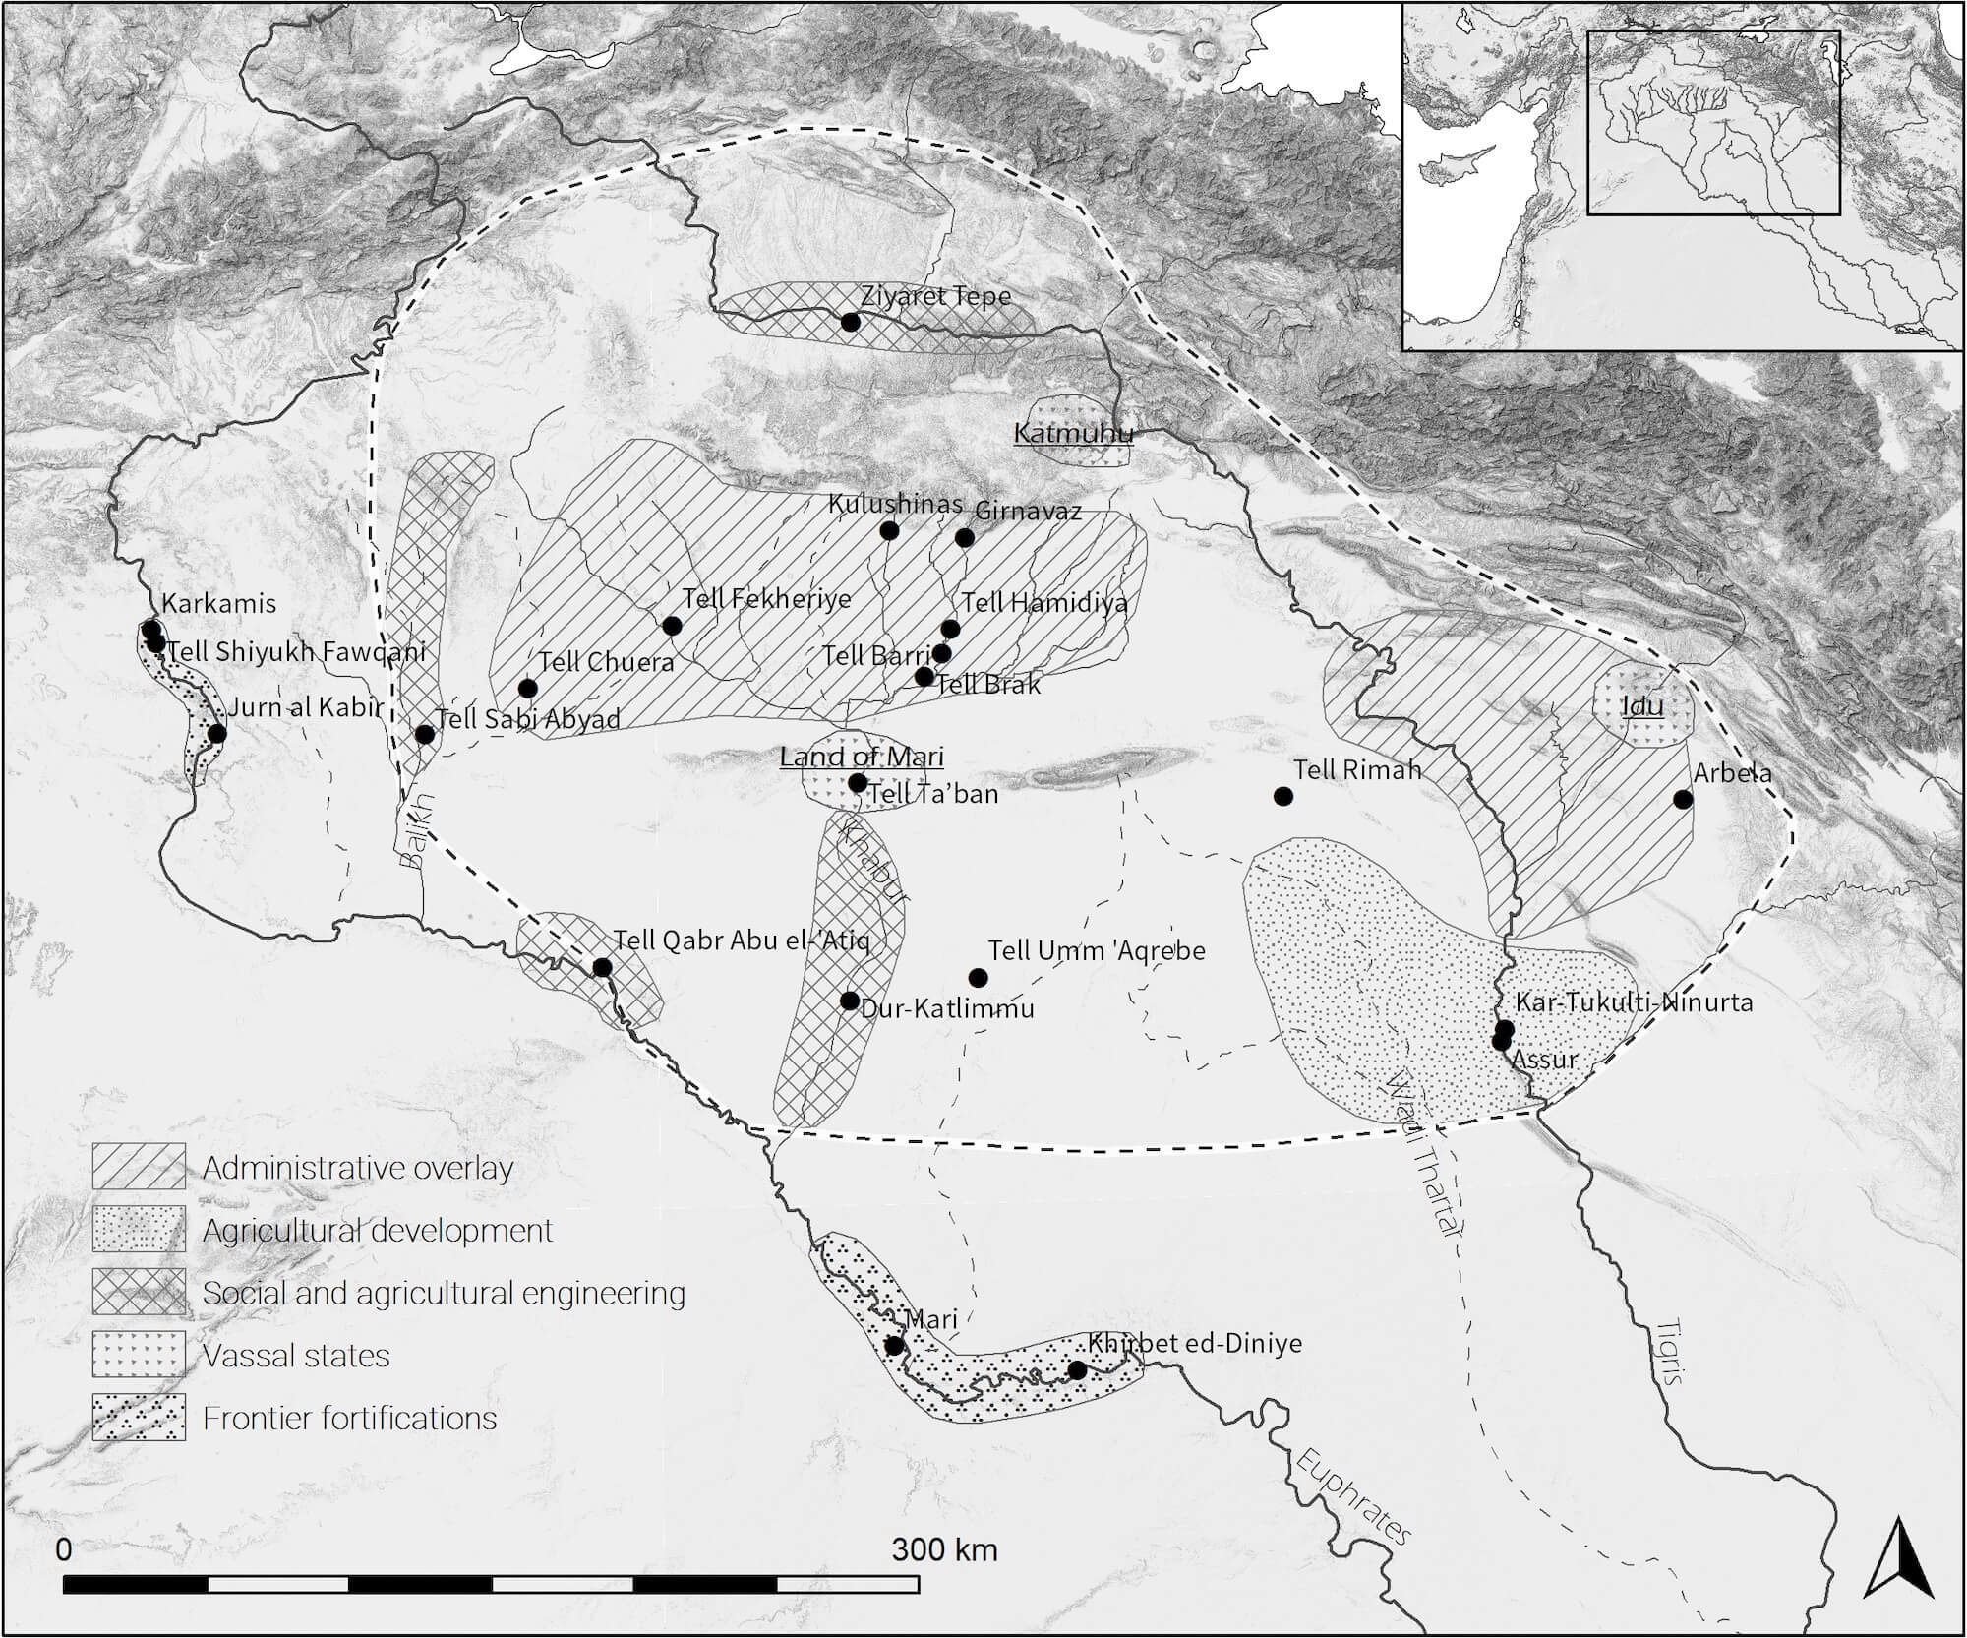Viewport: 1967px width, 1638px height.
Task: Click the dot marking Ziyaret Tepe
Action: pos(851,322)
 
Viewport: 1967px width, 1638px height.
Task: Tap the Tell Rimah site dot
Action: pos(1282,796)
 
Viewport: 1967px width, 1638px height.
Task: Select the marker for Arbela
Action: pos(1683,799)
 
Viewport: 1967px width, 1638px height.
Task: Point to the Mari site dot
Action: pos(894,1345)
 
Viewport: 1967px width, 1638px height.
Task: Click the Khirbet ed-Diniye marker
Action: pos(1077,1370)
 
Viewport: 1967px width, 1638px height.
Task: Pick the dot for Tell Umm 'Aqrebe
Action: pos(978,977)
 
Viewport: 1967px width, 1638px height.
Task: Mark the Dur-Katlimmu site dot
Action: pos(850,1001)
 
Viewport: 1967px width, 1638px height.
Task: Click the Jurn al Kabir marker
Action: pos(216,733)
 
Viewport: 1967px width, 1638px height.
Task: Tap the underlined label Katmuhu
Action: pos(1073,433)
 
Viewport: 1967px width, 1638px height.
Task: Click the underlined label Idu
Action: pos(1641,705)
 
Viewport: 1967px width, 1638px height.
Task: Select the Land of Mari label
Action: pos(862,757)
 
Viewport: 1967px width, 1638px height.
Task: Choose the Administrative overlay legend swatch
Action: pos(139,1167)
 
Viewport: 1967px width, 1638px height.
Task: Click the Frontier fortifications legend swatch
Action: pos(139,1418)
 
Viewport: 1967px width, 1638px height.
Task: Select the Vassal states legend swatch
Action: pos(139,1355)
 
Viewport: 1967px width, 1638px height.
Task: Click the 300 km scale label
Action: pos(944,1549)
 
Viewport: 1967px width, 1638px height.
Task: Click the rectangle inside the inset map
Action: pos(1713,123)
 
